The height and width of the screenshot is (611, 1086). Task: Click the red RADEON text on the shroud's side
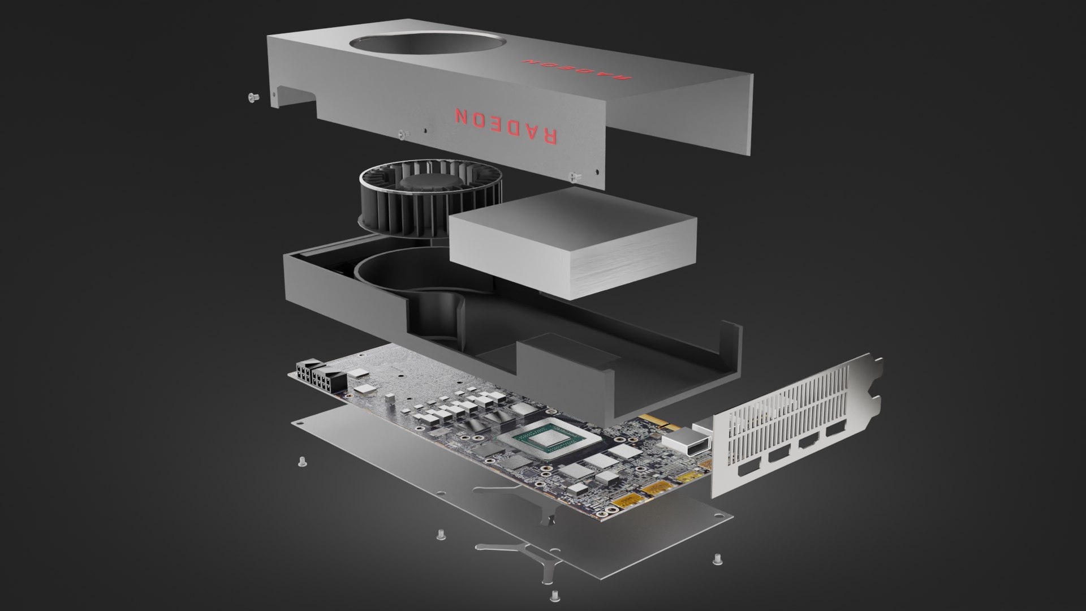(x=506, y=124)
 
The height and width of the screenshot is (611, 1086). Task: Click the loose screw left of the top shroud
(x=253, y=98)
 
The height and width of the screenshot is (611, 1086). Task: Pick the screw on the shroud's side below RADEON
(x=575, y=177)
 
